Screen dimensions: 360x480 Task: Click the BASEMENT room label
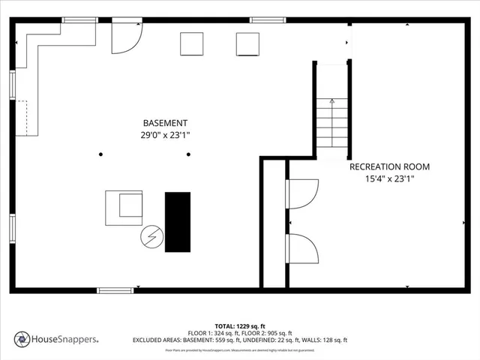[165, 123]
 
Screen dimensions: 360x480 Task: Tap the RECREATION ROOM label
[390, 166]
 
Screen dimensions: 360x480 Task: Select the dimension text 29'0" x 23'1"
[165, 136]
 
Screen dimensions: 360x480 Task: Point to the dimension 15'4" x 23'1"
[389, 179]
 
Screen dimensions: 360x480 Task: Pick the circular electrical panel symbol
[151, 237]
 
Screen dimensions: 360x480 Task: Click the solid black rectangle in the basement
[178, 222]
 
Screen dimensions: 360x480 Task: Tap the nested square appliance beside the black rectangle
[124, 208]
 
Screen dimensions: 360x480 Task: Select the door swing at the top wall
[125, 37]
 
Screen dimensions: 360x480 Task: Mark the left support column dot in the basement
[100, 154]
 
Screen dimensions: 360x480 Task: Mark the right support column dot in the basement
[188, 154]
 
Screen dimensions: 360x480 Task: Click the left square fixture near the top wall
[192, 44]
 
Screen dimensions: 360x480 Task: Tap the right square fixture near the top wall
[247, 44]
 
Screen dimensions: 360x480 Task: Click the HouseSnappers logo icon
[22, 339]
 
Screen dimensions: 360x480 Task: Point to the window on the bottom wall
[115, 290]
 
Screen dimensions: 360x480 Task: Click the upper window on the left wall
[12, 84]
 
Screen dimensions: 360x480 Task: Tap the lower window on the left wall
[12, 226]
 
